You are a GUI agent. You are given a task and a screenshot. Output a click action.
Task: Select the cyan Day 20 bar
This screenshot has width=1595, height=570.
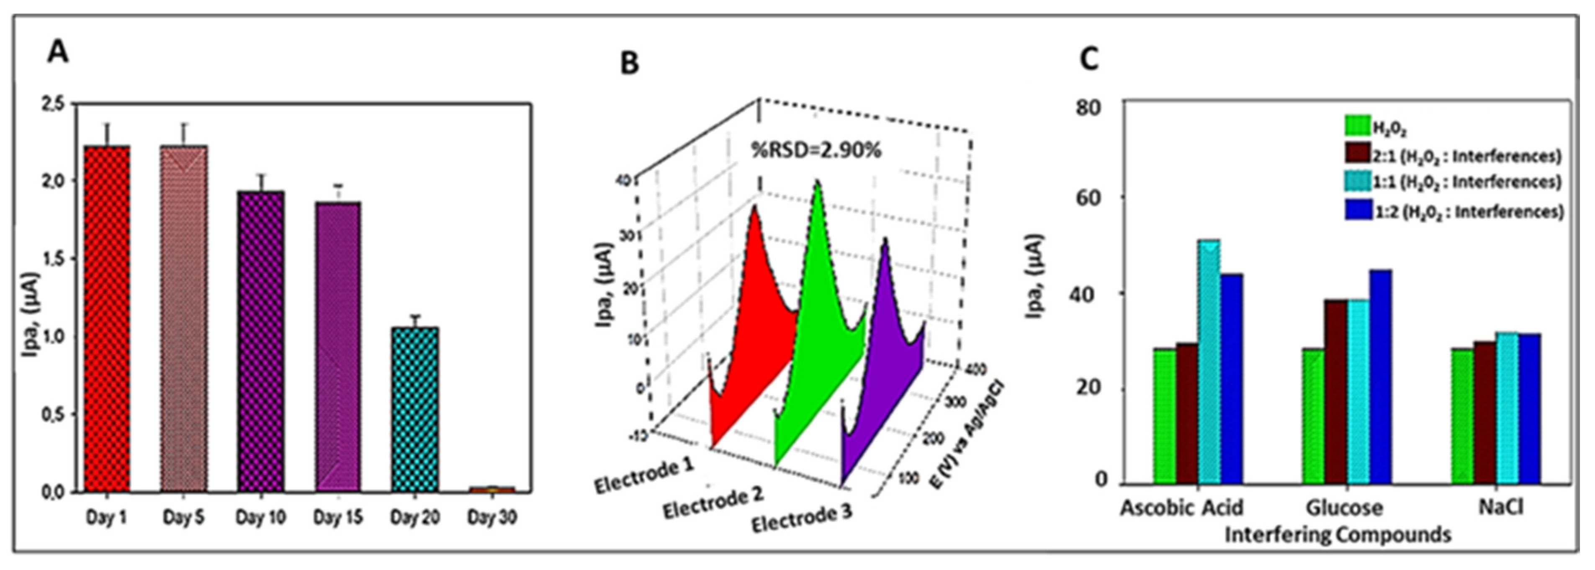415,408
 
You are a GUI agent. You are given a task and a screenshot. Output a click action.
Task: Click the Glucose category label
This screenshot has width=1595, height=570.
1344,508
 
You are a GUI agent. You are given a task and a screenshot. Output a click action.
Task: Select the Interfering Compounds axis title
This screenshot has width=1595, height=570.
1338,534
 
